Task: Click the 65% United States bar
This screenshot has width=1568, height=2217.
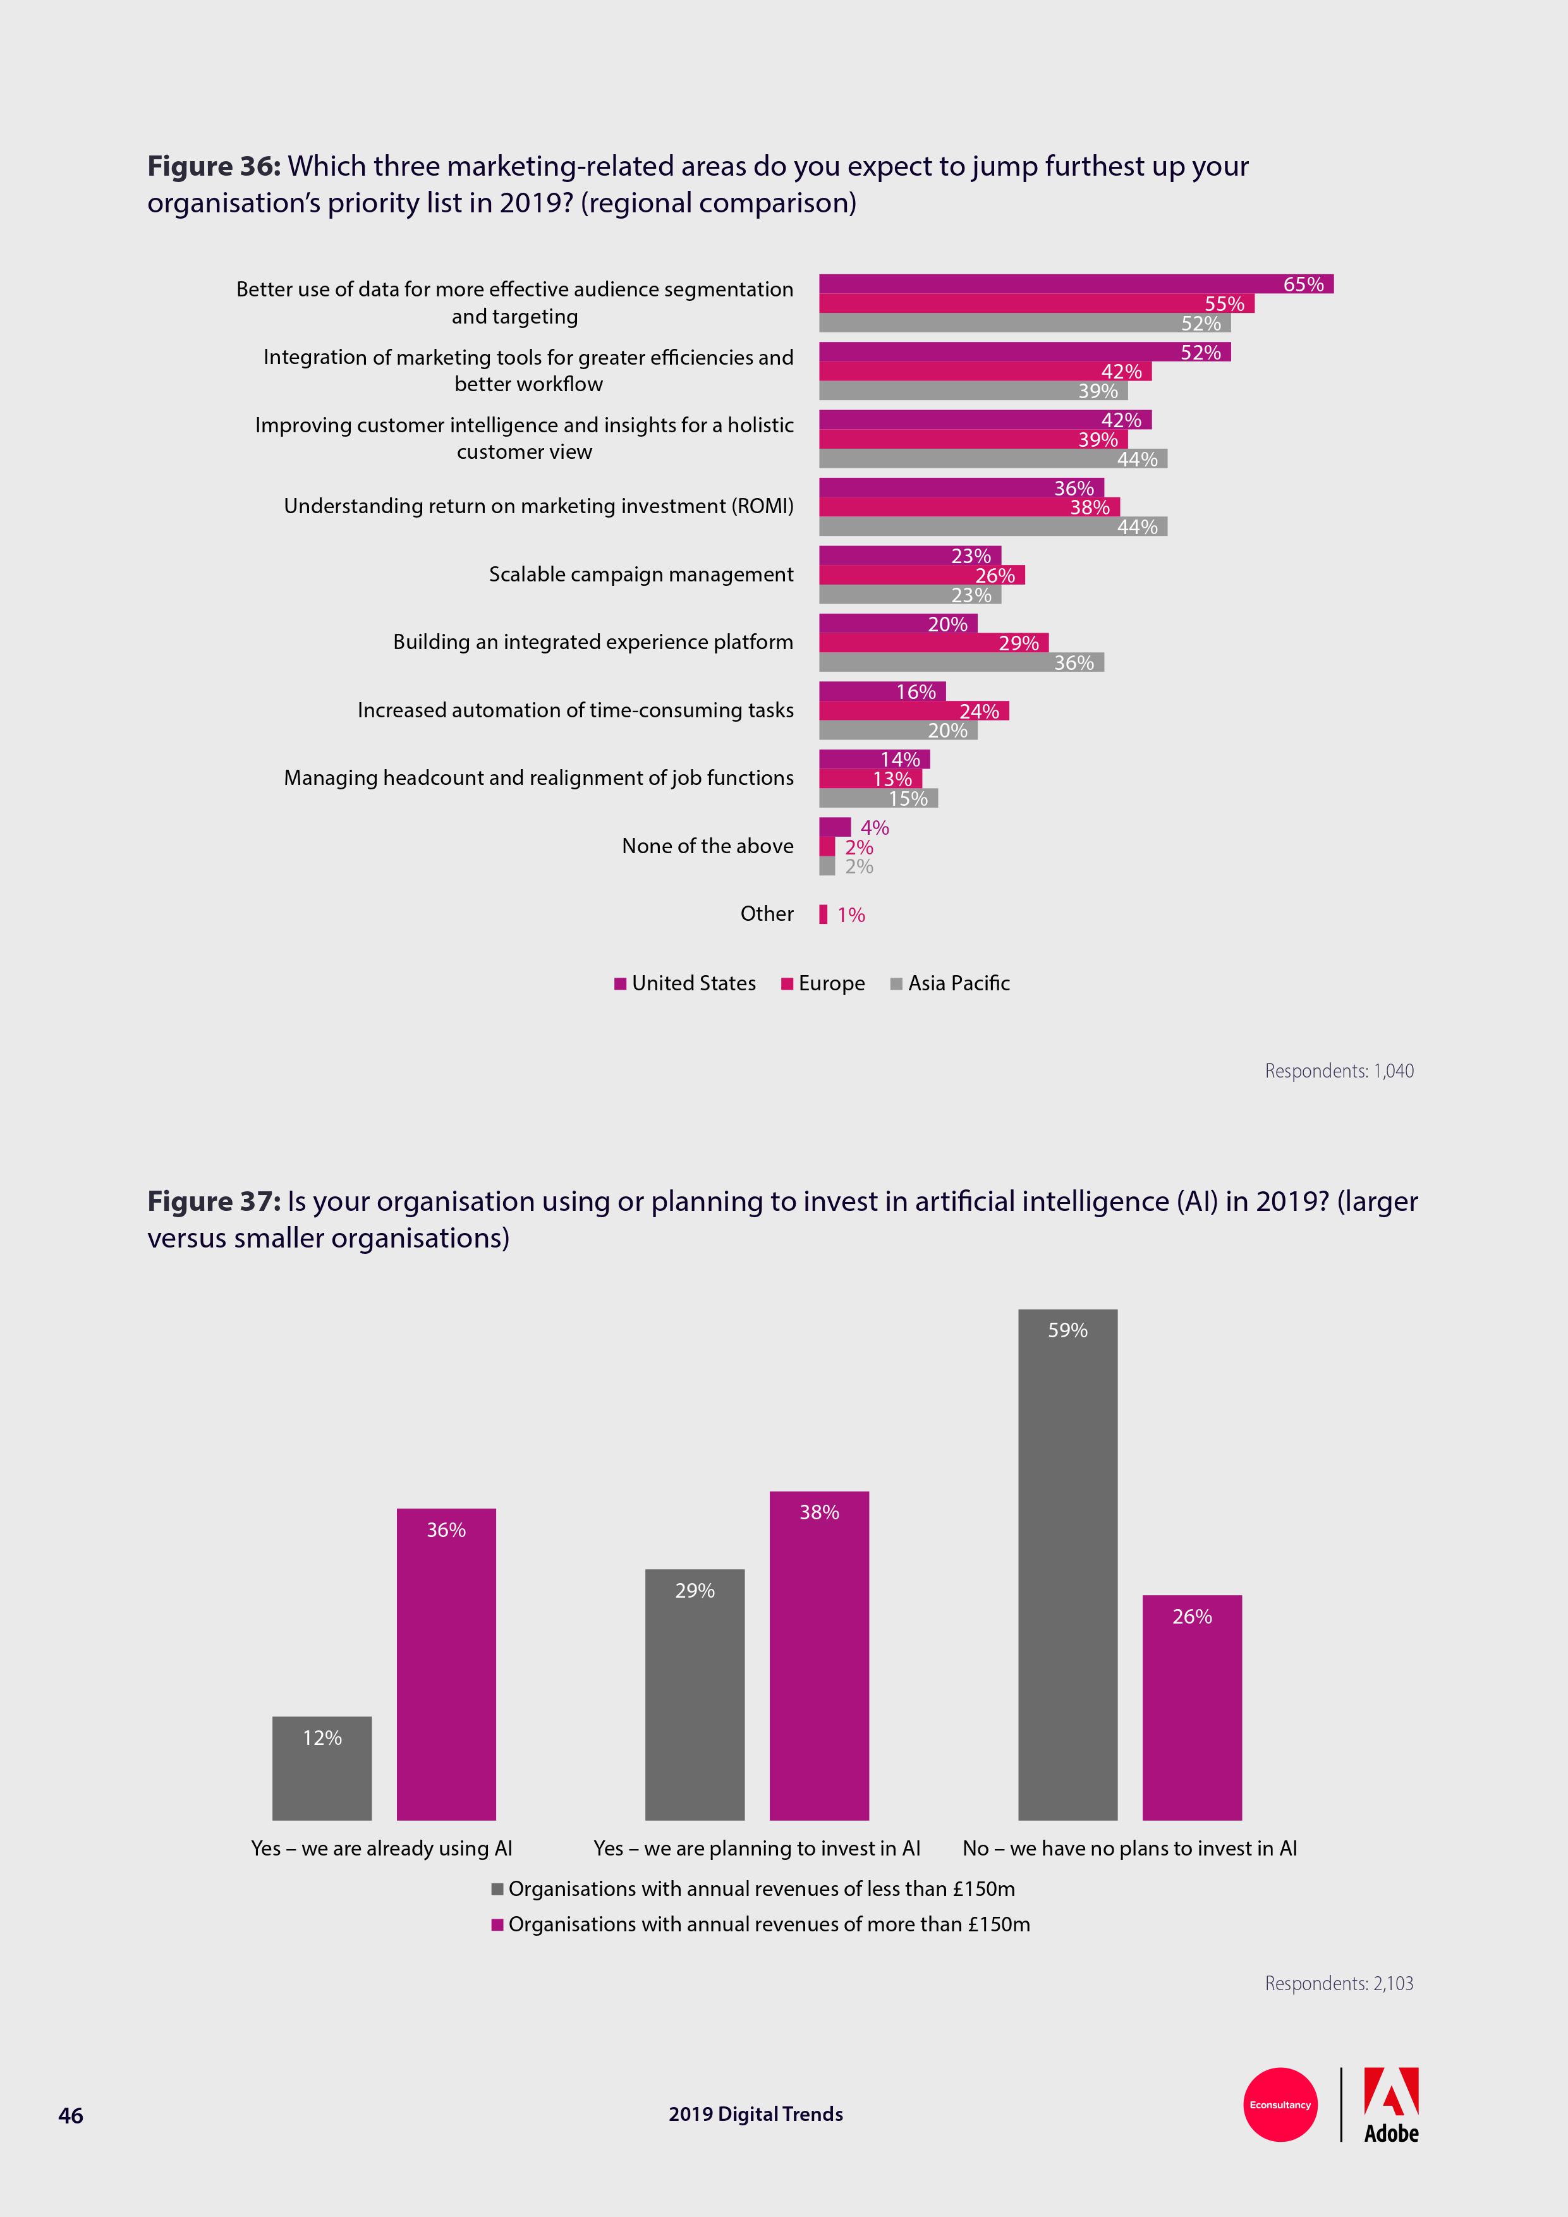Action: [x=1076, y=284]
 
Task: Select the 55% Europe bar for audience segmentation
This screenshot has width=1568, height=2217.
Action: [x=1036, y=303]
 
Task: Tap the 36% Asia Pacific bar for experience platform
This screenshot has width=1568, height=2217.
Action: [x=961, y=662]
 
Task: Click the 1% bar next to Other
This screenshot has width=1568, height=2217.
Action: [x=824, y=914]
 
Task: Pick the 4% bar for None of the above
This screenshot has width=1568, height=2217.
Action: [x=834, y=827]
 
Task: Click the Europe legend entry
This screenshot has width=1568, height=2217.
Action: [x=823, y=983]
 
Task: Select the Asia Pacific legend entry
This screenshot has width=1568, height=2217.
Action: [x=950, y=983]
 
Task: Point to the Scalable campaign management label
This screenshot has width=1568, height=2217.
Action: [x=640, y=574]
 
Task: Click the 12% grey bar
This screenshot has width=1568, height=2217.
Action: [x=322, y=1768]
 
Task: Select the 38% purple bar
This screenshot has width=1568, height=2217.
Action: [x=818, y=1655]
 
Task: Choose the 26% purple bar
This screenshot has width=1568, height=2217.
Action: [x=1191, y=1707]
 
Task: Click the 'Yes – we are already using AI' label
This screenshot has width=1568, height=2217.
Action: [x=381, y=1848]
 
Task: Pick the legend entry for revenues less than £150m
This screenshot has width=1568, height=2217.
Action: [x=753, y=1889]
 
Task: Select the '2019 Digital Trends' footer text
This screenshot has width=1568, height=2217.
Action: [x=755, y=2115]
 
